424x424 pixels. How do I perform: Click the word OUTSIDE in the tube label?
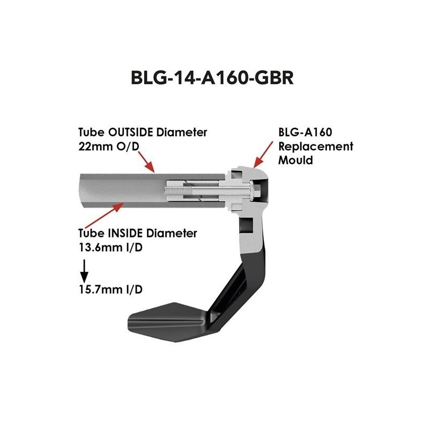pos(128,131)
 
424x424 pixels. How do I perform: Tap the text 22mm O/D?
pos(108,146)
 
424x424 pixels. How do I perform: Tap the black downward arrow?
pos(84,271)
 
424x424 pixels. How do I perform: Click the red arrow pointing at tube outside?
pos(147,162)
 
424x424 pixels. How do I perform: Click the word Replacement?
pos(316,146)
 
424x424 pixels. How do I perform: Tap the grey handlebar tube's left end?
pos(85,191)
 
